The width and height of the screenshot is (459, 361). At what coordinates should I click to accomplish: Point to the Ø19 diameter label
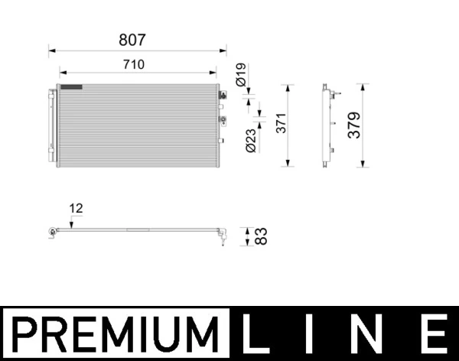pyautogui.click(x=239, y=75)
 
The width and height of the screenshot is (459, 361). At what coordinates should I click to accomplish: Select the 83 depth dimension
pyautogui.click(x=261, y=236)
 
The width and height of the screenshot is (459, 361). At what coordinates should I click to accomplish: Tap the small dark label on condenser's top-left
pyautogui.click(x=70, y=86)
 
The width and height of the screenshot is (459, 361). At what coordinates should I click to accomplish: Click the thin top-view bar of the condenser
pyautogui.click(x=138, y=231)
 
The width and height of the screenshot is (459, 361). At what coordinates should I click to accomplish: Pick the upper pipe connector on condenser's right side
pyautogui.click(x=223, y=96)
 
